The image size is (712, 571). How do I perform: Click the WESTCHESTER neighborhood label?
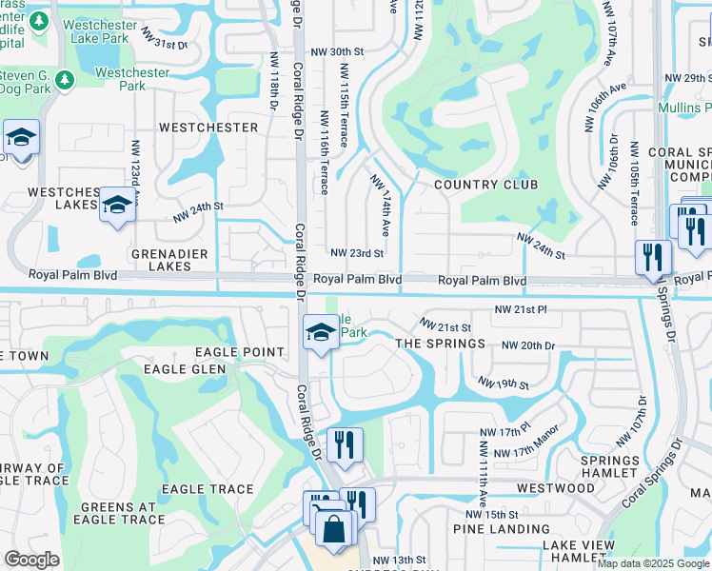point(208,127)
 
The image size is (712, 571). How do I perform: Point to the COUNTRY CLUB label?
point(485,185)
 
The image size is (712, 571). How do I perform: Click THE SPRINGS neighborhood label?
point(440,343)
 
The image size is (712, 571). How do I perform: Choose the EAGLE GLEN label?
point(185,368)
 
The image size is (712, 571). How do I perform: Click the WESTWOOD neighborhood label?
point(555,488)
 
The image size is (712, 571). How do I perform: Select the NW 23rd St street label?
point(356,253)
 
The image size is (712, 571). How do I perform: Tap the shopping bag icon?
point(334,528)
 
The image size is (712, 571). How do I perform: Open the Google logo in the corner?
point(31,560)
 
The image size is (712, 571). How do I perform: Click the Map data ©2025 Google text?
point(653,563)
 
